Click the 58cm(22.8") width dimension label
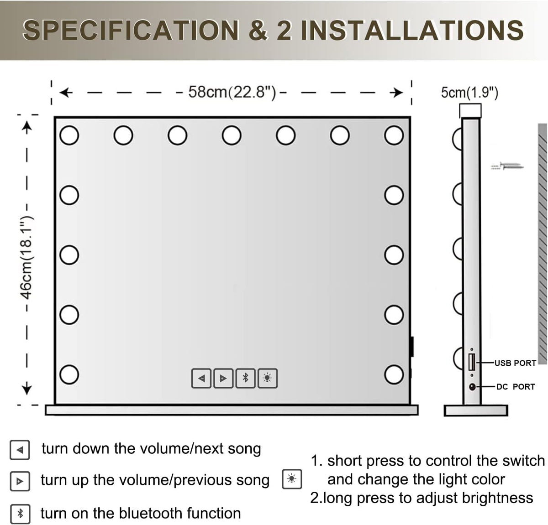[x=232, y=92]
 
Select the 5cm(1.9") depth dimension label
[x=469, y=93]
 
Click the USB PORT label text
[x=515, y=363]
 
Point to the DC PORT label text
[x=515, y=387]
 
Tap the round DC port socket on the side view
[x=472, y=387]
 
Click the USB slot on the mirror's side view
[x=472, y=362]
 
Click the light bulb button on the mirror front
[x=268, y=378]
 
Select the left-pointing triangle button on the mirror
[x=201, y=378]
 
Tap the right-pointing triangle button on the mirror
[x=223, y=378]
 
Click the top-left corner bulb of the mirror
[x=69, y=135]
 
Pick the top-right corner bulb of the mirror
[x=394, y=135]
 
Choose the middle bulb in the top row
[x=232, y=135]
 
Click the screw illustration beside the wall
[x=507, y=166]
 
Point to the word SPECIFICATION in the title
[x=131, y=31]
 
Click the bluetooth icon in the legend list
[x=20, y=514]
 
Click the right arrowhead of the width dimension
[x=398, y=93]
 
